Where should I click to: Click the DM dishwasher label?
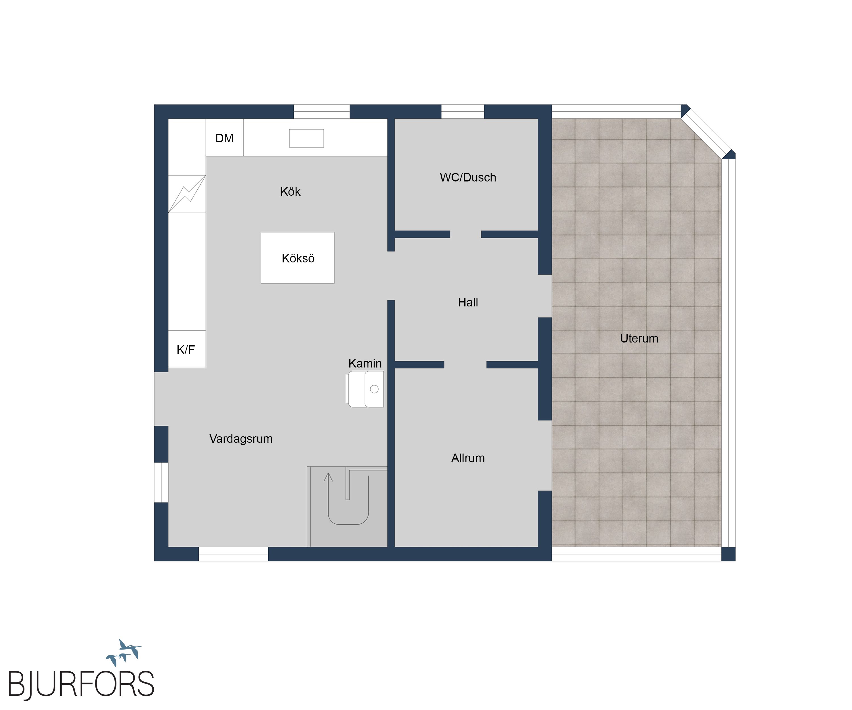click(x=224, y=138)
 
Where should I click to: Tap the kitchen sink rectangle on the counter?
click(x=306, y=138)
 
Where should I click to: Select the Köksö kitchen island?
click(x=297, y=258)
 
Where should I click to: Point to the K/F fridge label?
click(x=186, y=350)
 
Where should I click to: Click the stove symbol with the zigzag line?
click(x=187, y=194)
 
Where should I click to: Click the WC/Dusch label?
click(x=468, y=178)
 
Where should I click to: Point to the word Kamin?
click(x=365, y=364)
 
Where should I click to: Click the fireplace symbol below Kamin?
click(x=365, y=389)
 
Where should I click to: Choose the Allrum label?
click(x=468, y=458)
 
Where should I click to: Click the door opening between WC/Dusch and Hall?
click(x=466, y=235)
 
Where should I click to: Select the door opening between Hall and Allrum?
click(x=465, y=365)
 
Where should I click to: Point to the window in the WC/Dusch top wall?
click(x=463, y=112)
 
